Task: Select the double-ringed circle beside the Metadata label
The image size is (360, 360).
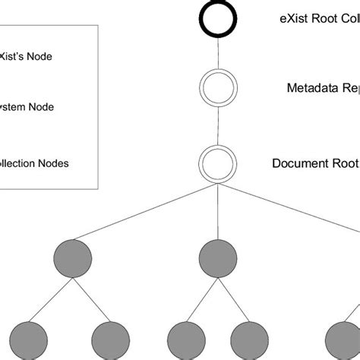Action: pyautogui.click(x=217, y=87)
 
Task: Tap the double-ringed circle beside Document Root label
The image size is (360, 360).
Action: pyautogui.click(x=217, y=163)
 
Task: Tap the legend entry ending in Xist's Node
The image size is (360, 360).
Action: pyautogui.click(x=26, y=55)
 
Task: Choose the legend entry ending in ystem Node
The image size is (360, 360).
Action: pyautogui.click(x=27, y=107)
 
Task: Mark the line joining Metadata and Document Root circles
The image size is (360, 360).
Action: pyautogui.click(x=217, y=125)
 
